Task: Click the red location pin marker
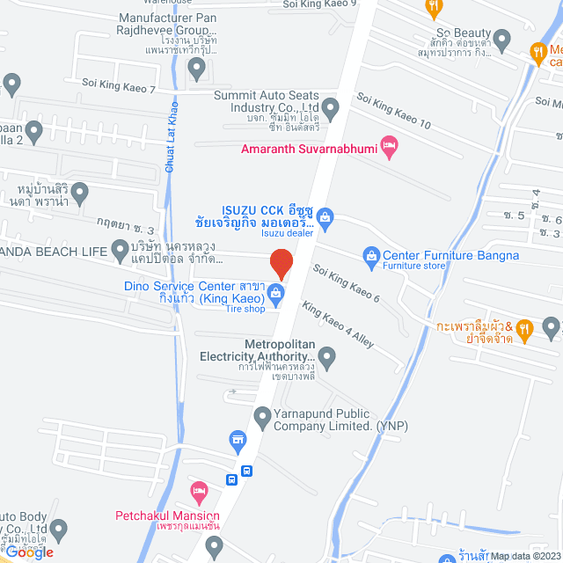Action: (x=281, y=263)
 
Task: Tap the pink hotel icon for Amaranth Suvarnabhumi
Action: (x=388, y=144)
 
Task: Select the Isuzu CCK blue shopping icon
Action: (x=324, y=216)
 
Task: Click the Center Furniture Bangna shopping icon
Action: (x=370, y=256)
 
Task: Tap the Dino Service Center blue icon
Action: (x=275, y=292)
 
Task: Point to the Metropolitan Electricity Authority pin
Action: (x=327, y=357)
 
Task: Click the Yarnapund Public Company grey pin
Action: (x=261, y=414)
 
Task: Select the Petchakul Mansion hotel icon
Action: (x=199, y=488)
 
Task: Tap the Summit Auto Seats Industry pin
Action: (x=331, y=109)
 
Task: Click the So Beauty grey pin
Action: (x=502, y=38)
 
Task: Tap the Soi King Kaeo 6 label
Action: (x=347, y=285)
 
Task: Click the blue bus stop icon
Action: (x=231, y=479)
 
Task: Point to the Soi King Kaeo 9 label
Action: (x=319, y=4)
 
